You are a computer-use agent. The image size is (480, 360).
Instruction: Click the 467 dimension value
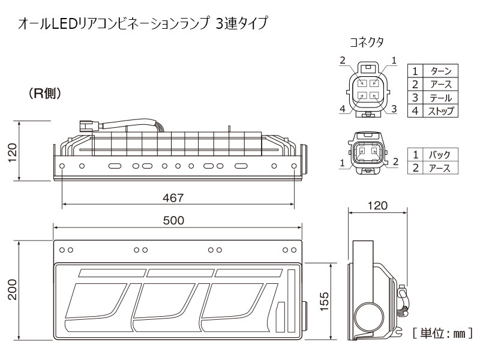click(173, 198)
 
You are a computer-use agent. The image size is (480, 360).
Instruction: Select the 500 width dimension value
click(173, 220)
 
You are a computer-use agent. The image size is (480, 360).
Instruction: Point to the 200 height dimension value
click(13, 289)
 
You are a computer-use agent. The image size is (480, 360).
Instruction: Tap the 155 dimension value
click(324, 301)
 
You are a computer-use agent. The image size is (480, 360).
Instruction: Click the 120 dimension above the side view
click(378, 205)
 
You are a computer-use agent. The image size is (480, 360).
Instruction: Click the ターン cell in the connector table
click(441, 71)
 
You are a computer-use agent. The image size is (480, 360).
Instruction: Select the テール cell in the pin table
click(441, 98)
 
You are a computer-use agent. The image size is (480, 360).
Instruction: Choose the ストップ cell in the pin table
click(441, 111)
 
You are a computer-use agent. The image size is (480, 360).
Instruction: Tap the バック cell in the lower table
click(440, 155)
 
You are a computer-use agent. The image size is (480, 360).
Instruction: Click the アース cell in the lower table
click(440, 168)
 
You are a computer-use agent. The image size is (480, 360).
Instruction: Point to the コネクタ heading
click(367, 42)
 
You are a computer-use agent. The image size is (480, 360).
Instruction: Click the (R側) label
click(45, 94)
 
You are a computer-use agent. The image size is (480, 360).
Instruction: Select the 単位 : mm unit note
click(443, 333)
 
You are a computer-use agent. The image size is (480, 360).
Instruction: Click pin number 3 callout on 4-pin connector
click(394, 109)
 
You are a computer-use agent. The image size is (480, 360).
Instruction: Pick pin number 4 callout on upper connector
click(343, 109)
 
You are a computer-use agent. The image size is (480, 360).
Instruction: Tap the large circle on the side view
click(369, 317)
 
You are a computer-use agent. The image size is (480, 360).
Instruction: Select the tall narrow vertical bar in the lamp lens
click(291, 301)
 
